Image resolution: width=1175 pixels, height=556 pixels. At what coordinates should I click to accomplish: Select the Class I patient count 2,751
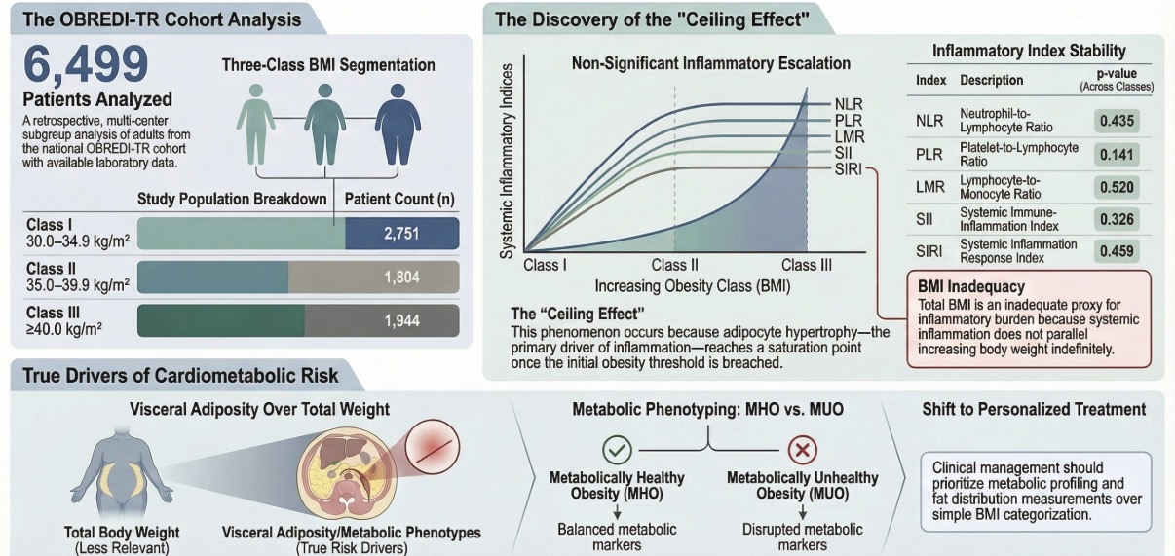[401, 233]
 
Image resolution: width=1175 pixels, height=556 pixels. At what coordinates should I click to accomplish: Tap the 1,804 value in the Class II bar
[401, 277]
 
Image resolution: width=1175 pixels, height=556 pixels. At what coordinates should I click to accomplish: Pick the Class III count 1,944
[401, 320]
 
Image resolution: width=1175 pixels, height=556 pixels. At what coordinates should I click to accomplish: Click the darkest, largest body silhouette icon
[398, 125]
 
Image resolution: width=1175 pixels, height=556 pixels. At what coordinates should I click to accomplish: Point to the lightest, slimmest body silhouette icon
[255, 125]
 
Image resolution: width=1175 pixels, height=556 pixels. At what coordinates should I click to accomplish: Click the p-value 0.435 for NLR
[1117, 121]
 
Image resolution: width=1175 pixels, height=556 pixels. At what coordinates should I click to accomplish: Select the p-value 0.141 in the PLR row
[1117, 155]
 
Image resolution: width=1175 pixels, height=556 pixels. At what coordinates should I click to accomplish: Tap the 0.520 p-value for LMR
[1117, 187]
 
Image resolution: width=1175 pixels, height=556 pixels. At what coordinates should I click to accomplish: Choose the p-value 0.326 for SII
[1117, 219]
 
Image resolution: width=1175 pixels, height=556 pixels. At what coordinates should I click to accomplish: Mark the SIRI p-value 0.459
[1117, 251]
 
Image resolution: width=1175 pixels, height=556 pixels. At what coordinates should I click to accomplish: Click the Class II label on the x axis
[674, 265]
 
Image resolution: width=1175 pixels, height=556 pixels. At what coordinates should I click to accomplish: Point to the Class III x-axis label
[807, 265]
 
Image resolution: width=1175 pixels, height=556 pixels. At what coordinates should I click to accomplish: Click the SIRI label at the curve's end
[849, 169]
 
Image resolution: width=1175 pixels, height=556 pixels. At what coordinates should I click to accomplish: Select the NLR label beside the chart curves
[849, 104]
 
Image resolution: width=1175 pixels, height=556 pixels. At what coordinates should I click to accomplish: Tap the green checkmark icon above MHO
[617, 450]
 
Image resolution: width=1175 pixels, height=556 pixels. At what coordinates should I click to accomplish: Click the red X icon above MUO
[802, 450]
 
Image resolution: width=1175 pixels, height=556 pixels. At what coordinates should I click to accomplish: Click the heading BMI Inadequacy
[971, 286]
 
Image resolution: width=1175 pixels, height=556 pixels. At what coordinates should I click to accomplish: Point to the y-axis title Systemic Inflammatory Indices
[507, 162]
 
